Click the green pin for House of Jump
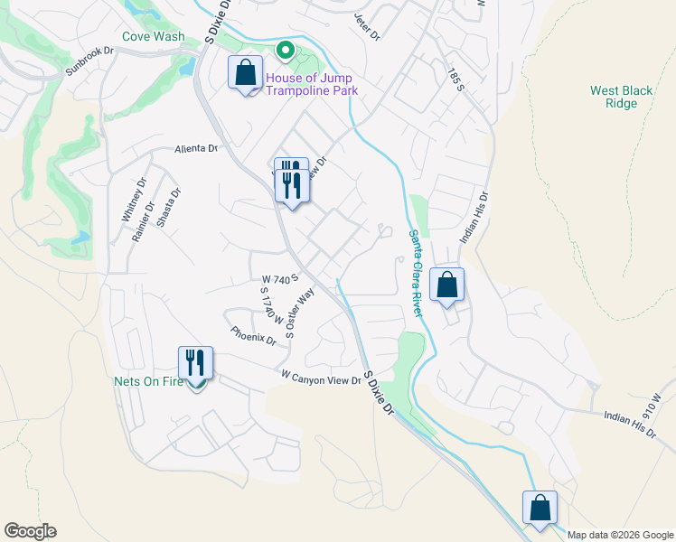[x=286, y=51]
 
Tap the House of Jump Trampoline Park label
[x=312, y=84]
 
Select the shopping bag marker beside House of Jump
[x=245, y=73]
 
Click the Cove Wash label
[x=154, y=37]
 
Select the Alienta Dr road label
[x=197, y=149]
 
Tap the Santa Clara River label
[x=417, y=274]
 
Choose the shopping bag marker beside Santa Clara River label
[x=447, y=285]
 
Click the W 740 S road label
[x=280, y=280]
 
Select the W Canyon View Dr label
[x=321, y=378]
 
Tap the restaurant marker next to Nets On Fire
[x=196, y=363]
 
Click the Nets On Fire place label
[x=148, y=381]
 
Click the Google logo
[x=30, y=531]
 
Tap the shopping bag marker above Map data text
[x=540, y=508]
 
